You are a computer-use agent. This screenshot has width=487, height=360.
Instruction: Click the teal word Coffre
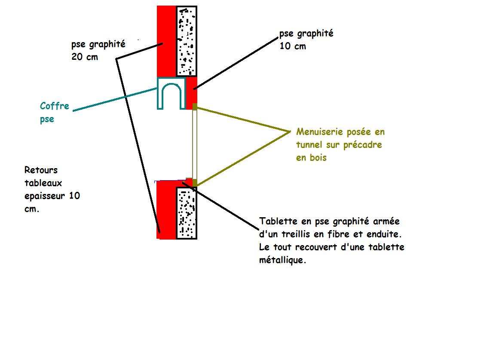point(55,106)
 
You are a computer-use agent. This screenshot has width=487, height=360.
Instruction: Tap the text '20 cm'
point(85,56)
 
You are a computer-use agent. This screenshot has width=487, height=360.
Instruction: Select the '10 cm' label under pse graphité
point(293,46)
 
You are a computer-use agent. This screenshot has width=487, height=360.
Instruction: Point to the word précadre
point(363,145)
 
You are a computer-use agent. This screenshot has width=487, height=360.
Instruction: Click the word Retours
point(41,170)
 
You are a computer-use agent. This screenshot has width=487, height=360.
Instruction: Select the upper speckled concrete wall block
point(187,41)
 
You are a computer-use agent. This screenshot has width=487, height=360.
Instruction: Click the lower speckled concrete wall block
point(187,213)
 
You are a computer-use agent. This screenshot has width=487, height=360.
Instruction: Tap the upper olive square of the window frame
point(195,107)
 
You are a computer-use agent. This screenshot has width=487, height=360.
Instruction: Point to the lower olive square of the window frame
point(195,183)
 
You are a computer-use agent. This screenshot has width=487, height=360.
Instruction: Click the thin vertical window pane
point(194,144)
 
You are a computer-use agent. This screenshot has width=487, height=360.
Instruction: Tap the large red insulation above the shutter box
point(166,41)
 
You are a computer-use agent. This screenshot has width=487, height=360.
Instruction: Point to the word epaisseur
point(46,196)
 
